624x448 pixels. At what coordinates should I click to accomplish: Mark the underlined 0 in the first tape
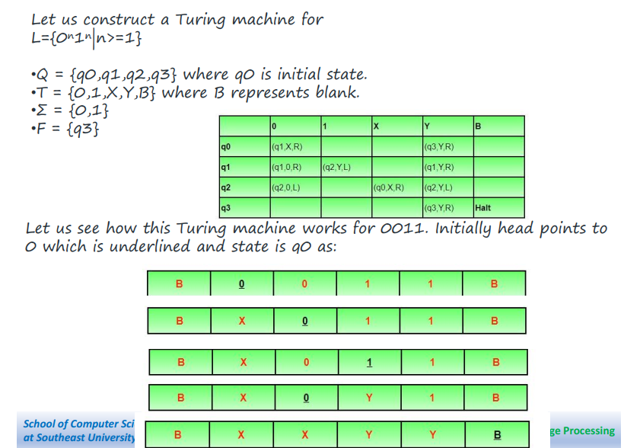(x=241, y=284)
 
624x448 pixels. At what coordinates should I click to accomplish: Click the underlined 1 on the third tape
(x=369, y=362)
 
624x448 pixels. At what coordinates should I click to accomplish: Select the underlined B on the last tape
(x=498, y=435)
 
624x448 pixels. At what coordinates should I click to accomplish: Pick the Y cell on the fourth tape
(x=369, y=397)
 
